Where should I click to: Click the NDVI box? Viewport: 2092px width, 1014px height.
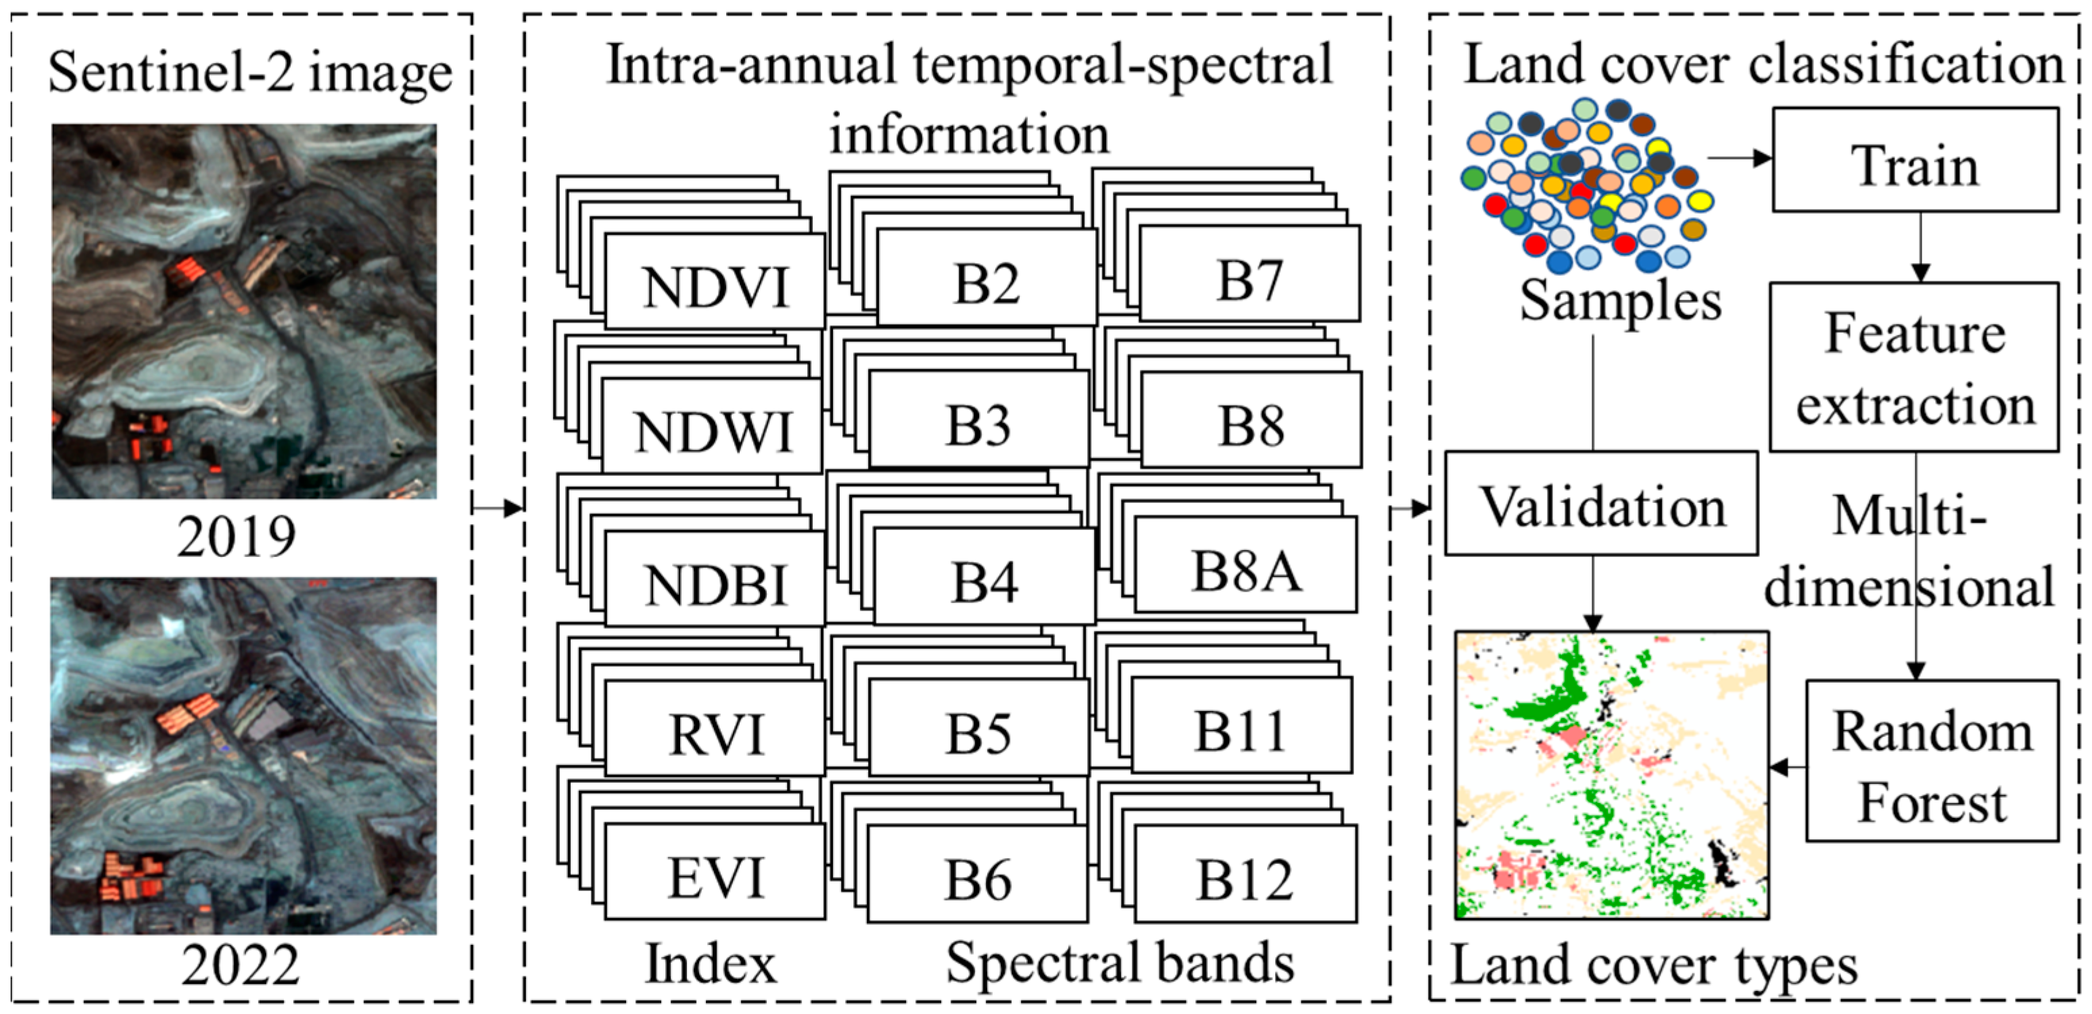[x=715, y=283]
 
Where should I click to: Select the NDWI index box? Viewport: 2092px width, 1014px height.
[x=711, y=427]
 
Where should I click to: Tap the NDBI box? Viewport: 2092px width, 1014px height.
[x=715, y=579]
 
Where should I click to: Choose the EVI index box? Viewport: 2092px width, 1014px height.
[x=715, y=873]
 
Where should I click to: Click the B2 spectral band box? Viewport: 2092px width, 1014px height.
[x=986, y=279]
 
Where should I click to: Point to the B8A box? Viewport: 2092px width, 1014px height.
[x=1245, y=566]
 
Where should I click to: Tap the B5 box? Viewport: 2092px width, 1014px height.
[x=978, y=728]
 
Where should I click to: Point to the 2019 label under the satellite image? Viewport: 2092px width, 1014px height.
[x=237, y=536]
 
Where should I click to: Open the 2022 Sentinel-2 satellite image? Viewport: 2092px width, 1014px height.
[x=243, y=756]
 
